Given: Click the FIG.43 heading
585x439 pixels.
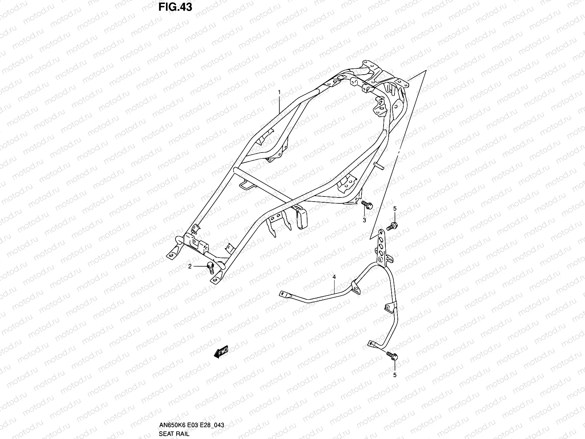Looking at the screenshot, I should [x=175, y=7].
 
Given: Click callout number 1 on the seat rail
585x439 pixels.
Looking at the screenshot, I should [x=279, y=93].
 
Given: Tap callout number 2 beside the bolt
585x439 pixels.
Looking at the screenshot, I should [x=190, y=266].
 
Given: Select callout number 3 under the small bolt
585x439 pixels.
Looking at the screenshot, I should [x=364, y=220].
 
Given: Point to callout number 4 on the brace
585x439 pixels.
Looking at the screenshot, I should [x=334, y=278].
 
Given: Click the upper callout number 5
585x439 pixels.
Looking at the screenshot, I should [x=395, y=209].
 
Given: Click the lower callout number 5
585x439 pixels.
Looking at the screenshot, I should [x=395, y=375].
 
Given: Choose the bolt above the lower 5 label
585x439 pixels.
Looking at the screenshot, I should [x=392, y=356].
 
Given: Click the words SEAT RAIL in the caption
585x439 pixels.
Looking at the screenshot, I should [x=174, y=434].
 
